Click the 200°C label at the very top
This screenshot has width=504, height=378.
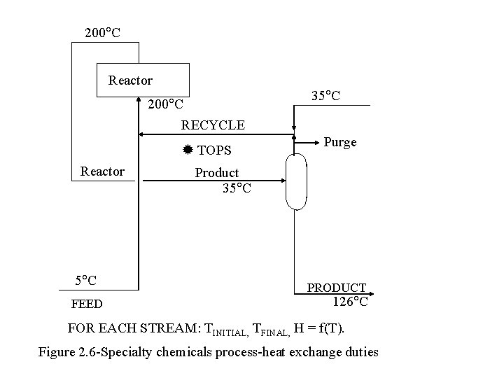[x=101, y=32]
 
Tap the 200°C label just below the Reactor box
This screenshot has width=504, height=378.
[x=165, y=105]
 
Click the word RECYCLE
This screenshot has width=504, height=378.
[x=213, y=125]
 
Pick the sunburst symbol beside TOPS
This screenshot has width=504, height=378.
[x=188, y=150]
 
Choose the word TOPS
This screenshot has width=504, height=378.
[x=215, y=150]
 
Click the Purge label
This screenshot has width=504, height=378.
[x=340, y=142]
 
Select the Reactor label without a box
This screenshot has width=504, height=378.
[x=102, y=171]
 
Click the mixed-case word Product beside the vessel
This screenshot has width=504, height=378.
[x=217, y=173]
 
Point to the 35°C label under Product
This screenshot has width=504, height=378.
[x=237, y=188]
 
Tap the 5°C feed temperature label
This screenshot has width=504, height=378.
[x=86, y=281]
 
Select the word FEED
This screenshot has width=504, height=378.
[x=87, y=304]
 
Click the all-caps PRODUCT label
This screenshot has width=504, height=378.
[x=337, y=288]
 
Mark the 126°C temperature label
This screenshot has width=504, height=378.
[x=350, y=302]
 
